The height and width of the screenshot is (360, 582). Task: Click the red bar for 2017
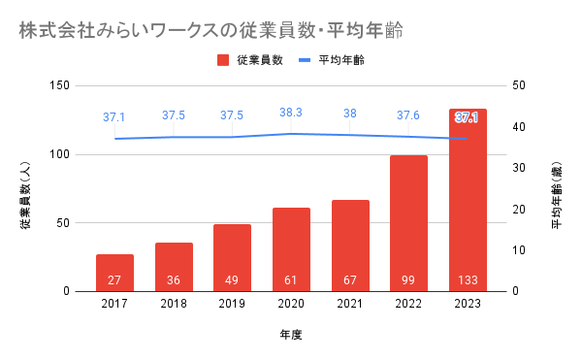tap(114, 273)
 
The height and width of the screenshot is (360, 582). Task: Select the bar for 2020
tap(291, 249)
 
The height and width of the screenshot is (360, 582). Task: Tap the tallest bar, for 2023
tap(468, 200)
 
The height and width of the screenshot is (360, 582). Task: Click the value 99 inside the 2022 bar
tap(408, 279)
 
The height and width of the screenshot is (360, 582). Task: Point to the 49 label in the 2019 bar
tap(232, 279)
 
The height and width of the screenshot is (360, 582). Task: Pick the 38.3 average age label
tap(291, 113)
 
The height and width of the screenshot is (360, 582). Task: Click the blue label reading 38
tap(349, 114)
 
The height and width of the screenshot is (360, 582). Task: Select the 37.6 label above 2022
tap(408, 115)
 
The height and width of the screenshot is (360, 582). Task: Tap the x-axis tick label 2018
tap(174, 304)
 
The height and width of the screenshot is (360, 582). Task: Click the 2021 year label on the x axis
tap(349, 304)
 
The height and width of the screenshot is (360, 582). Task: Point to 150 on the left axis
tap(60, 85)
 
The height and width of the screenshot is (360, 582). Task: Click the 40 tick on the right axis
tap(519, 127)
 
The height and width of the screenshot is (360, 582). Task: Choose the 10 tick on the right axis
tap(519, 250)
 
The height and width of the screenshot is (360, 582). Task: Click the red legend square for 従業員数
tap(223, 60)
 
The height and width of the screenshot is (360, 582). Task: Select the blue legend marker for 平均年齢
tap(305, 60)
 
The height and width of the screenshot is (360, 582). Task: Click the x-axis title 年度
tap(291, 335)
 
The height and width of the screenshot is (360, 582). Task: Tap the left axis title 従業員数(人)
tap(25, 195)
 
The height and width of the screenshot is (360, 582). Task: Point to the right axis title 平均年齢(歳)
tap(557, 195)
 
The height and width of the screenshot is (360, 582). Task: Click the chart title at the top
tap(210, 30)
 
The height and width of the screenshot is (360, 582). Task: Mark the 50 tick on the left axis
tap(63, 223)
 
